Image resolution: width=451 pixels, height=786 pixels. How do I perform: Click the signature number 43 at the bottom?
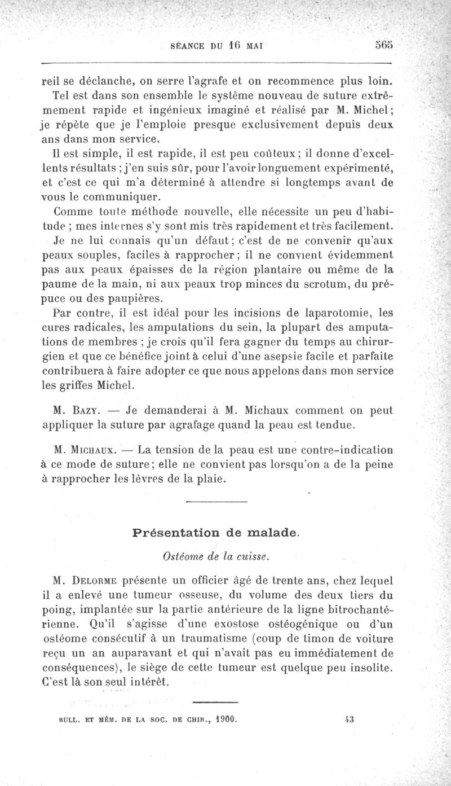348,719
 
